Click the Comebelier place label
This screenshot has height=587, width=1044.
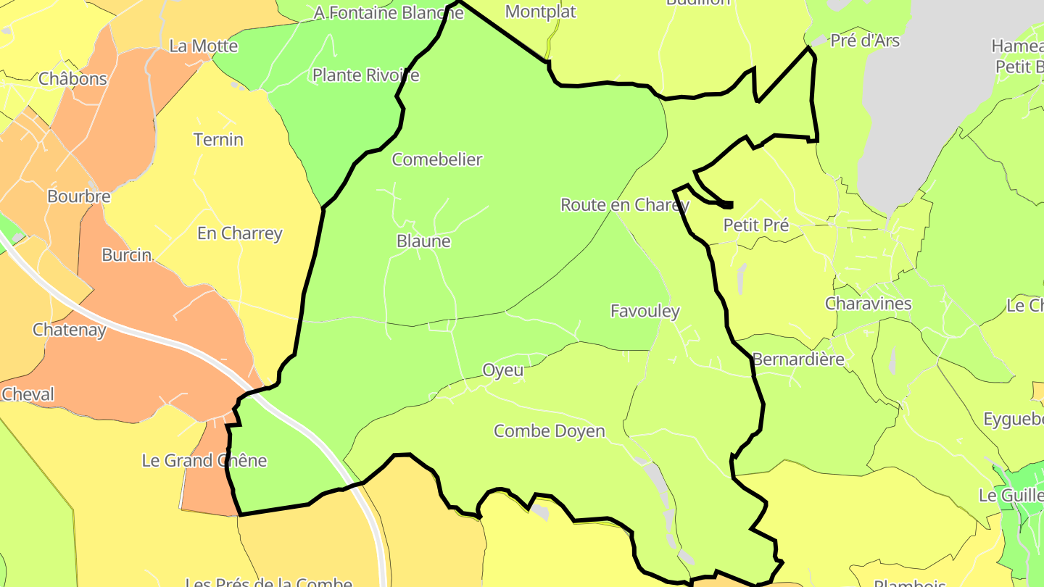click(436, 159)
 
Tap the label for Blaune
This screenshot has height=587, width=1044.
click(423, 241)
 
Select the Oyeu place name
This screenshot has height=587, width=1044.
click(503, 370)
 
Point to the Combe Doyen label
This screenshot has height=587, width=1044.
click(549, 431)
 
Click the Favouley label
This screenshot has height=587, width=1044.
click(645, 312)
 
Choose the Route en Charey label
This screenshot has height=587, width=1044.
click(624, 205)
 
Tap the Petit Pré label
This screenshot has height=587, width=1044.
click(755, 225)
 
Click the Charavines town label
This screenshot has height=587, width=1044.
click(868, 303)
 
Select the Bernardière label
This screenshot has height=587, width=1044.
click(798, 359)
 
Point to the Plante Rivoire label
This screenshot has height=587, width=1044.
click(365, 75)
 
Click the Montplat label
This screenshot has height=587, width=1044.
click(540, 12)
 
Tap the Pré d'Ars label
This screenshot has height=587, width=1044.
click(864, 41)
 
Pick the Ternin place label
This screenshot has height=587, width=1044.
click(218, 139)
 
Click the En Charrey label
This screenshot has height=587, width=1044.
click(239, 233)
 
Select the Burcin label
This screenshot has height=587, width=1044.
click(126, 254)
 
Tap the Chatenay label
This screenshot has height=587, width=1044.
click(69, 330)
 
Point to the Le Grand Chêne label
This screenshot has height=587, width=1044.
click(204, 460)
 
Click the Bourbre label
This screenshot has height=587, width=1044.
click(78, 196)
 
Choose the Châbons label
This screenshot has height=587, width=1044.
click(72, 78)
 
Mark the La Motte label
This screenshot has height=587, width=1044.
click(203, 46)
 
